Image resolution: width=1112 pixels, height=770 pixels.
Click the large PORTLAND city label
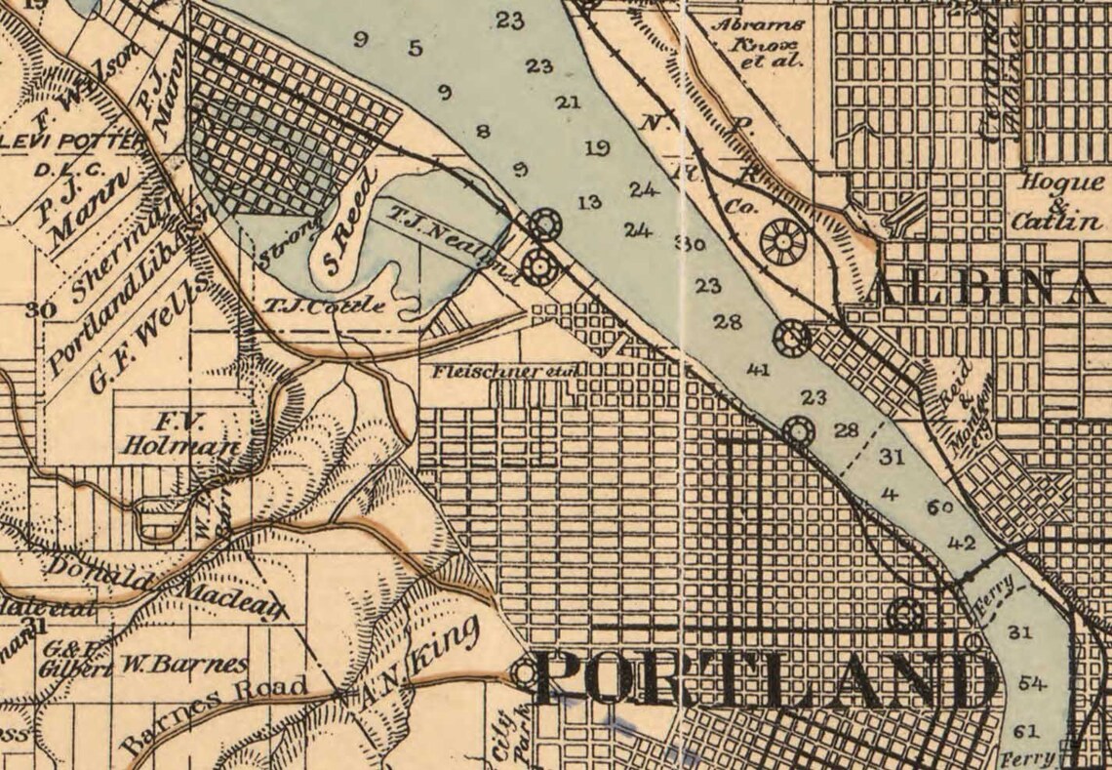[x=766, y=680]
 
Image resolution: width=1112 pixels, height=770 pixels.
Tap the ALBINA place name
[x=985, y=289]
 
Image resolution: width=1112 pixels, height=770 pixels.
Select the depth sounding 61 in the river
[x=1025, y=731]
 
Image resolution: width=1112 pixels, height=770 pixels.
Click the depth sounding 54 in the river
[x=1030, y=683]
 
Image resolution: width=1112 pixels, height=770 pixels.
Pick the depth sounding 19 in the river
[x=598, y=148]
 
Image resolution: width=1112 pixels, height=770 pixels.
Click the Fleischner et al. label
[x=506, y=372]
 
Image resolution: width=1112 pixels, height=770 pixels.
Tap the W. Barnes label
[x=184, y=667]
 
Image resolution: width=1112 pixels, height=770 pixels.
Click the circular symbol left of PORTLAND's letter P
[x=526, y=673]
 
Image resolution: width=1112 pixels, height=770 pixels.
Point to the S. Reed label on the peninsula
[x=351, y=223]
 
